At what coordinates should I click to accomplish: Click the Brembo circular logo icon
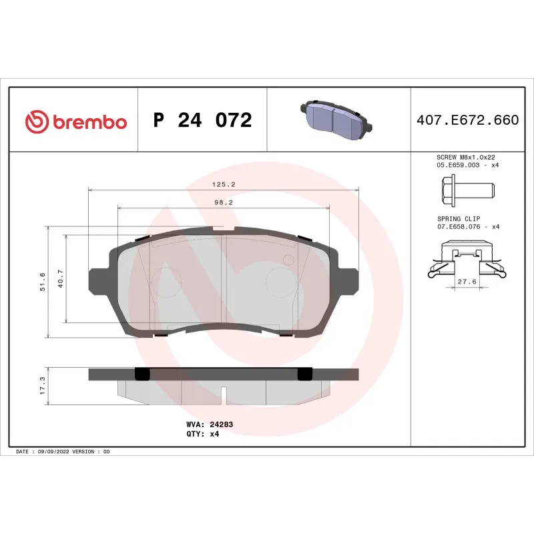[x=36, y=121]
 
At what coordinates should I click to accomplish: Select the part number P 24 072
[x=202, y=121]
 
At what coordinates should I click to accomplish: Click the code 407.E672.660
[x=467, y=121]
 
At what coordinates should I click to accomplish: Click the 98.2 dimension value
[x=223, y=202]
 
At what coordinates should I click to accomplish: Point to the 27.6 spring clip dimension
[x=467, y=282]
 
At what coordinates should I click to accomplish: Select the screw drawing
[x=467, y=190]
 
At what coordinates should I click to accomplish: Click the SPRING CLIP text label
[x=458, y=218]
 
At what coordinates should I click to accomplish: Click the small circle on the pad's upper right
[x=289, y=259]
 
